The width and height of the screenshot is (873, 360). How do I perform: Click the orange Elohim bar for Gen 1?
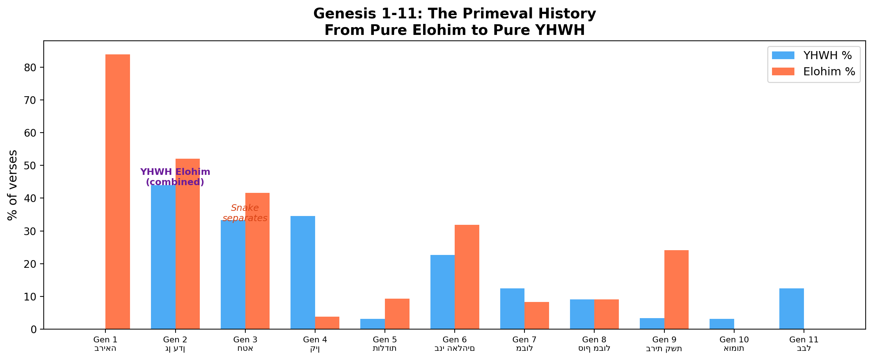[118, 191]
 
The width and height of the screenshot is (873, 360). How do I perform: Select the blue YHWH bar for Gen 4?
[303, 272]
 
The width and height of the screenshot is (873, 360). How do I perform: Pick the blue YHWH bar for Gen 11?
[791, 309]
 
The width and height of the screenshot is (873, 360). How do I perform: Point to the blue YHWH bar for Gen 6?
[442, 292]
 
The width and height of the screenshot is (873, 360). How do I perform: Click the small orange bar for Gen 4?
[327, 323]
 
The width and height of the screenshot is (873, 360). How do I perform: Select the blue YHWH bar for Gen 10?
[722, 324]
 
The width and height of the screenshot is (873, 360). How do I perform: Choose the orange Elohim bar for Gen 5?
[397, 314]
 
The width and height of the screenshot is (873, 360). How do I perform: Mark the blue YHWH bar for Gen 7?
[512, 309]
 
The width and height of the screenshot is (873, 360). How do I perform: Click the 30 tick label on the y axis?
[30, 231]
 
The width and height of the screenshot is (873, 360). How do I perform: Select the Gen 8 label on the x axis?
[594, 340]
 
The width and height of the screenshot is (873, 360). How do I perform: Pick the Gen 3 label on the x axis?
[245, 340]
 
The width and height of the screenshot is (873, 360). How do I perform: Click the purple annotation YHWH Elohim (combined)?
[175, 177]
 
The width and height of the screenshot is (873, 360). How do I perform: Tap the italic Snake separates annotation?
[245, 213]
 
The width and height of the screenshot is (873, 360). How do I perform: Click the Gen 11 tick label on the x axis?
[804, 340]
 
